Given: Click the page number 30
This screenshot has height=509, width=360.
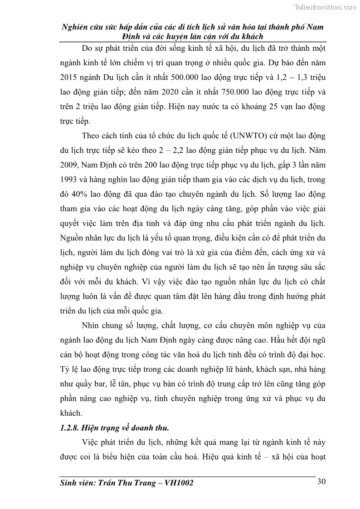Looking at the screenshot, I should [x=321, y=481].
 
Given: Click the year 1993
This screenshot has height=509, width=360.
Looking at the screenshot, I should [x=69, y=179].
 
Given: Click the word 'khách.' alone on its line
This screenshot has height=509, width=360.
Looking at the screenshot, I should [x=71, y=413].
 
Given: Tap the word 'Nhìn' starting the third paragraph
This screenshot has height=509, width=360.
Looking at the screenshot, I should [x=92, y=326].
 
